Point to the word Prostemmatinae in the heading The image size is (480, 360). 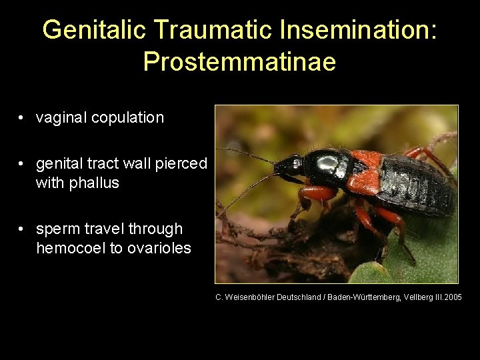[x=239, y=62]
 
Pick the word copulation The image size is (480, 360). [x=127, y=118]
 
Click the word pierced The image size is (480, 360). [x=183, y=164]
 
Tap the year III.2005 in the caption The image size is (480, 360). [x=445, y=297]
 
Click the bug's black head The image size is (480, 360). [x=291, y=165]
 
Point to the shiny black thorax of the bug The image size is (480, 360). [x=330, y=164]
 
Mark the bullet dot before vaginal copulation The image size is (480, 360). [x=23, y=119]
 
